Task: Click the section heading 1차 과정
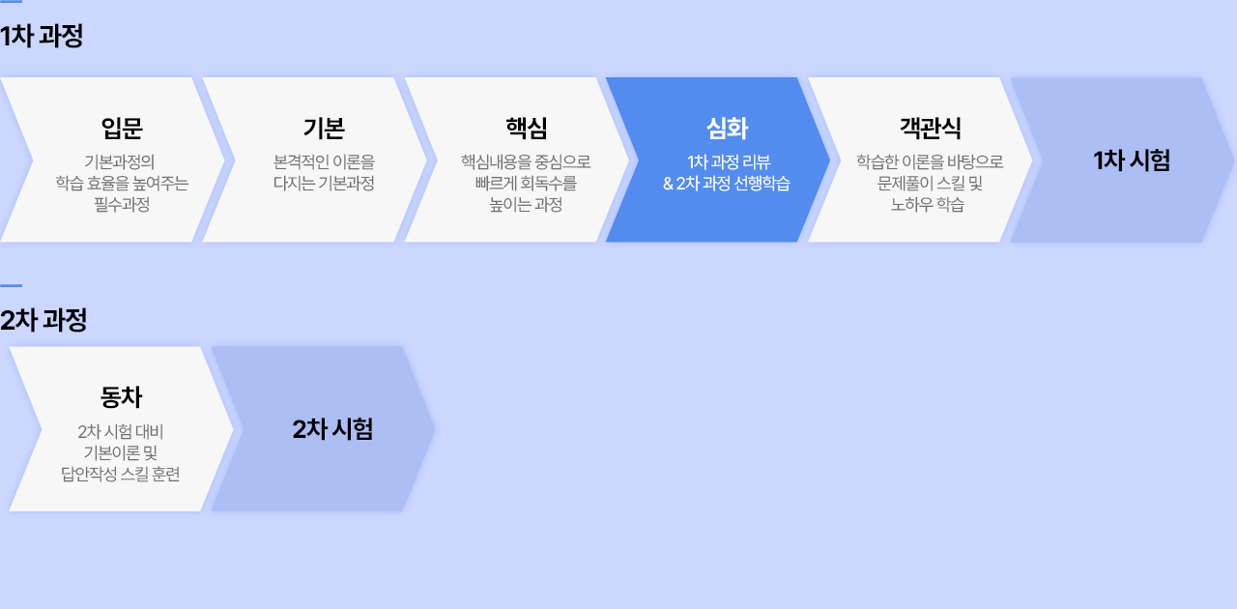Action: (x=42, y=37)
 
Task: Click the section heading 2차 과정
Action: (x=43, y=320)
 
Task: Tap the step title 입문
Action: (x=122, y=129)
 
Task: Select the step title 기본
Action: (x=324, y=129)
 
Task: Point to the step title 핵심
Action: (x=527, y=129)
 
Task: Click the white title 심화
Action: (x=728, y=129)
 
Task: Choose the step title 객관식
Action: (x=931, y=129)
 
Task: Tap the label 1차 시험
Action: (x=1132, y=160)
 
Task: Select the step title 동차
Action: (x=121, y=397)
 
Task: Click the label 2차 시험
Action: (x=332, y=429)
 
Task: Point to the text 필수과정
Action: (x=122, y=205)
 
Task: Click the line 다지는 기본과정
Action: (x=324, y=183)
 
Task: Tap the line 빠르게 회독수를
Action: (x=527, y=183)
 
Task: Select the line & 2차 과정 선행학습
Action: (x=727, y=183)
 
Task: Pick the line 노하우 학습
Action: (x=928, y=205)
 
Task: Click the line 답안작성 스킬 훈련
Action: (x=121, y=475)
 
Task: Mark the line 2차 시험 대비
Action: (x=121, y=431)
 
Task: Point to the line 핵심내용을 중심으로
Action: (x=527, y=162)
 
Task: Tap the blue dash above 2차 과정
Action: (x=11, y=286)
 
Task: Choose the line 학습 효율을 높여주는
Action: (x=122, y=183)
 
